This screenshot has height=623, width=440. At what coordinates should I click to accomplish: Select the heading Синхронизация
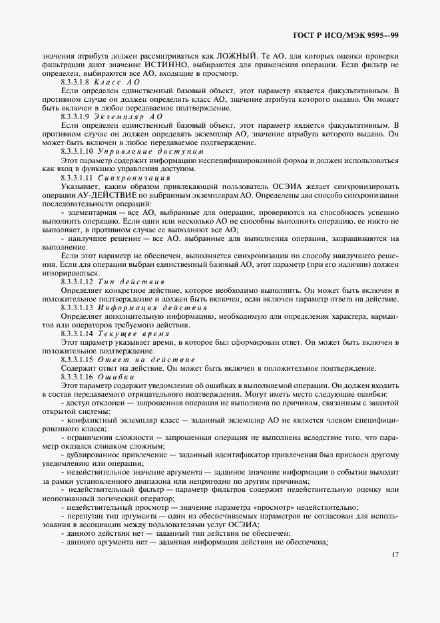point(134,178)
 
